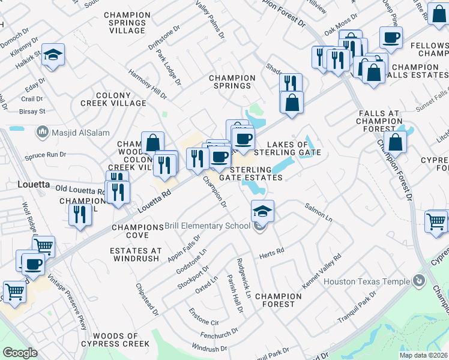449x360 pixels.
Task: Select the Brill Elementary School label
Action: click(207, 226)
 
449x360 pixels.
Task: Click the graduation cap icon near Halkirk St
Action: click(53, 55)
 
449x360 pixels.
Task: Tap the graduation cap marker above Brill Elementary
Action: click(262, 211)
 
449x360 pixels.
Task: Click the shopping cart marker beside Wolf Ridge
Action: click(43, 245)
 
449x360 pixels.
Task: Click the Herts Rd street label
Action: click(271, 254)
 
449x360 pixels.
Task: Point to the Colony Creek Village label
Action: click(113, 99)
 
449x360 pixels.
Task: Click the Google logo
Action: click(20, 353)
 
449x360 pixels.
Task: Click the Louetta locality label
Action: click(34, 184)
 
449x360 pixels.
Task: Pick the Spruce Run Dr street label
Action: click(45, 155)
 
